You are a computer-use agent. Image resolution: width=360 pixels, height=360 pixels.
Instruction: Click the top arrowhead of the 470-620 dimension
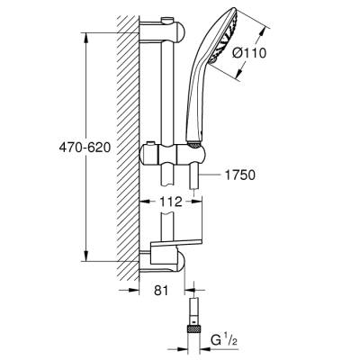click(x=85, y=37)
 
